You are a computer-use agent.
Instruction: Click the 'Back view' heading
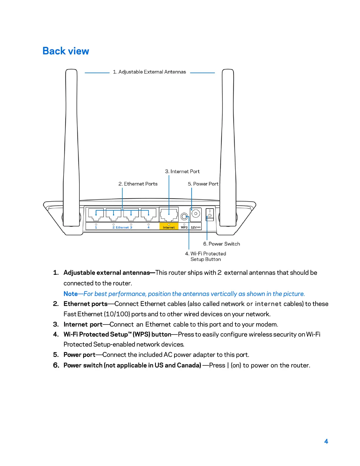point(66,51)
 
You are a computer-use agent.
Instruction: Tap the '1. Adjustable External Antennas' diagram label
point(149,72)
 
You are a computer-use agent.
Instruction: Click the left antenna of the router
point(71,147)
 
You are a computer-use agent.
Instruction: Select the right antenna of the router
point(228,147)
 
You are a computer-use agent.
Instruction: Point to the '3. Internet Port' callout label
point(182,172)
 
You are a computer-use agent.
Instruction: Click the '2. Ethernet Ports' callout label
point(138,184)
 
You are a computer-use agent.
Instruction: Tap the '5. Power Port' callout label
point(203,184)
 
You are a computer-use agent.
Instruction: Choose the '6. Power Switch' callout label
point(221,244)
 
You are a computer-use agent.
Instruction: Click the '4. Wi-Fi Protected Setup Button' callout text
point(206,256)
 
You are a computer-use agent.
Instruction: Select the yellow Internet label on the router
point(169,227)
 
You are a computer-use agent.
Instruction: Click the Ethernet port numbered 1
point(96,214)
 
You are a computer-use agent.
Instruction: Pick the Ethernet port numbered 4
point(149,214)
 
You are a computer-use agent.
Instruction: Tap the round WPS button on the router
point(184,217)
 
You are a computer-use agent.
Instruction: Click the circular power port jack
point(196,214)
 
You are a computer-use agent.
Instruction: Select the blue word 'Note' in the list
point(71,294)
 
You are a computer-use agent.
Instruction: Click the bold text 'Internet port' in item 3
point(83,324)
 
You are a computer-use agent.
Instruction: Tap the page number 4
point(326,441)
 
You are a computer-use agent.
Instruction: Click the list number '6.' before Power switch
point(56,365)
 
